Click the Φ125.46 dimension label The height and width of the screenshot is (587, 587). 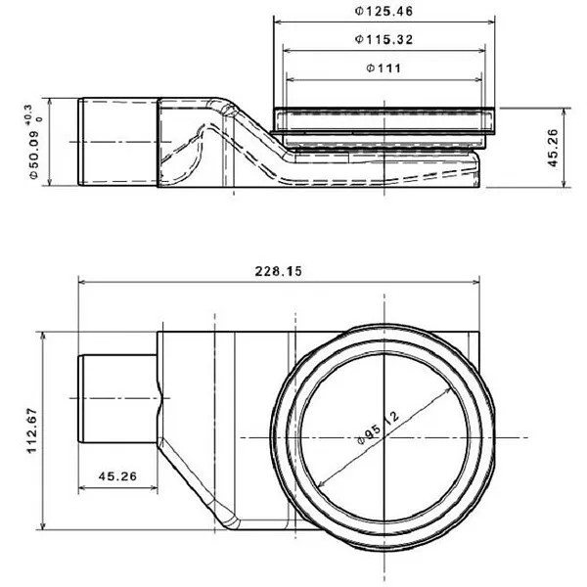coord(384,11)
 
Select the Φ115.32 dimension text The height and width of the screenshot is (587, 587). coord(384,39)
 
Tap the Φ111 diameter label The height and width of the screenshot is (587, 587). coord(384,68)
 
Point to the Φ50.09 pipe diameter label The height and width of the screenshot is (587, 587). coord(33,156)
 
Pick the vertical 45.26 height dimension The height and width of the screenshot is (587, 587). coord(553,148)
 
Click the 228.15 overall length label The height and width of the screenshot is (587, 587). coord(278,271)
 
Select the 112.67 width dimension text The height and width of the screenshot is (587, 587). coord(32,430)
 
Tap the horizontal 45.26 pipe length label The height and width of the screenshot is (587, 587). coord(117,476)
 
